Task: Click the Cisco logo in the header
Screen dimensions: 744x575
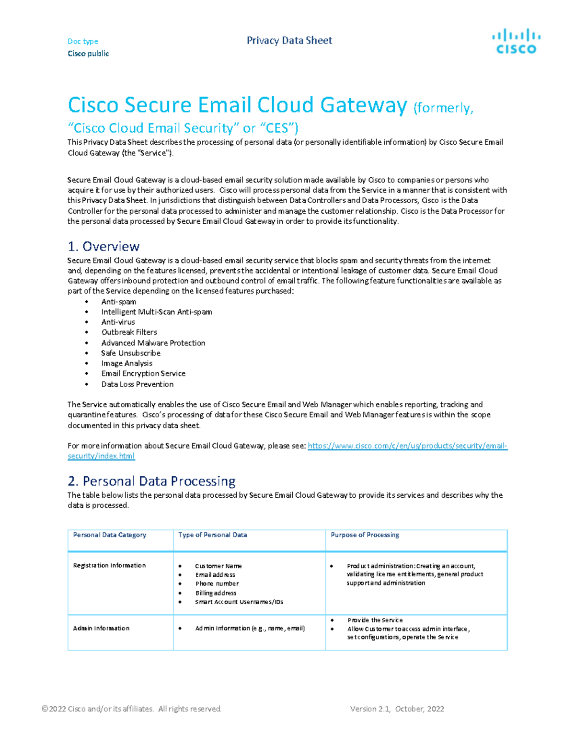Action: (x=516, y=41)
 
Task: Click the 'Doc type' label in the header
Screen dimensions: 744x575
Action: (x=83, y=41)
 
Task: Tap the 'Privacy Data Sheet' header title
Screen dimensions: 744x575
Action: (x=289, y=41)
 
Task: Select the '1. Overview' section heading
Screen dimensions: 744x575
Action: (x=103, y=246)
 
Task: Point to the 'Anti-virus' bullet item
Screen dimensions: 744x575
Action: (x=118, y=322)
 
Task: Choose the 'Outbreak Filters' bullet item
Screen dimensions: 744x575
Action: (x=129, y=332)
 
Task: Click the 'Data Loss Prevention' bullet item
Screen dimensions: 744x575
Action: (x=137, y=384)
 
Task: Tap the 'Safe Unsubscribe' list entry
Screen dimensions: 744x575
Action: (x=130, y=353)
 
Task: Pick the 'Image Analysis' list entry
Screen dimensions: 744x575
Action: (x=126, y=363)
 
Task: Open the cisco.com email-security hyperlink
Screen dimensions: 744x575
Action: (x=407, y=446)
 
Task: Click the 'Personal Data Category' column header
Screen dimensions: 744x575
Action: (x=109, y=535)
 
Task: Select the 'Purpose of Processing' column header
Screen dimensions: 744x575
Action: (x=365, y=535)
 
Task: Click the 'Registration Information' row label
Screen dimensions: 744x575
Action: (x=109, y=565)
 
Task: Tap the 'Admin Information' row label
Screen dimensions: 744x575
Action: (x=101, y=628)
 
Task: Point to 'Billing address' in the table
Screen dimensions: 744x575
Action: (x=216, y=593)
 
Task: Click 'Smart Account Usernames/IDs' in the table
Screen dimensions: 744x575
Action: (x=239, y=602)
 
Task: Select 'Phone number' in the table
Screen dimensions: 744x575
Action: (x=217, y=584)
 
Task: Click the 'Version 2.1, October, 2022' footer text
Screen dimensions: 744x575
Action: (x=397, y=709)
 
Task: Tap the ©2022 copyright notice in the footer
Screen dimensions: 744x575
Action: (x=132, y=709)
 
